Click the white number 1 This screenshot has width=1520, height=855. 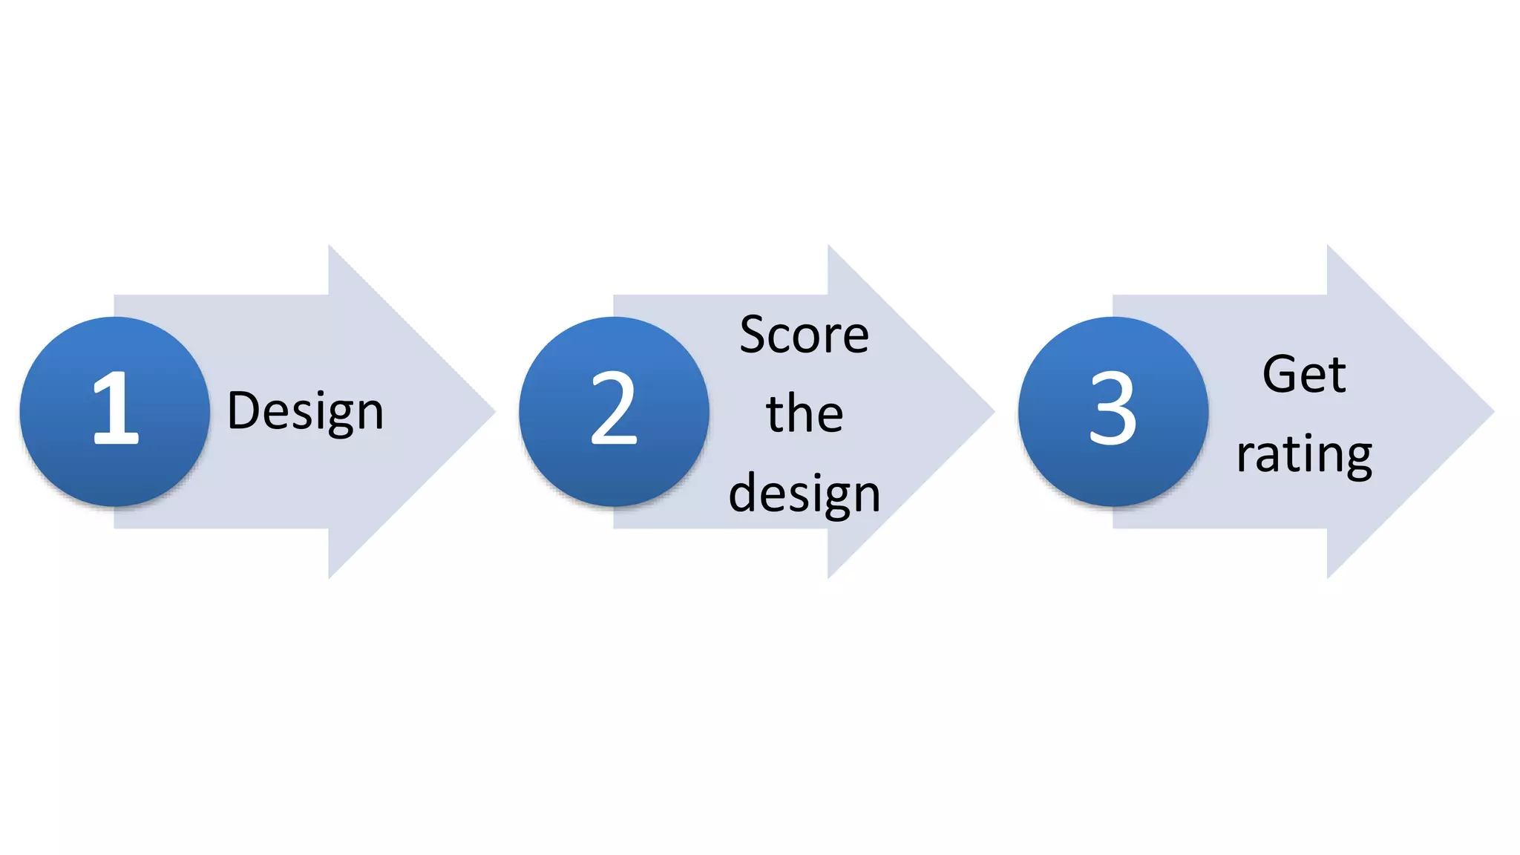[116, 409]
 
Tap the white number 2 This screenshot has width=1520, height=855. [614, 409]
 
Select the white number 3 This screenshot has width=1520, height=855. [1113, 409]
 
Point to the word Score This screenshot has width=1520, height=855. [804, 335]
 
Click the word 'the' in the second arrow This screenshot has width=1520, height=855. [805, 413]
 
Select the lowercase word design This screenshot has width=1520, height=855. [805, 494]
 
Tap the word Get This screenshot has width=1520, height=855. [1303, 374]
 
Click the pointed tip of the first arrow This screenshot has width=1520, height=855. [493, 411]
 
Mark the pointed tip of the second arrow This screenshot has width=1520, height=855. [992, 411]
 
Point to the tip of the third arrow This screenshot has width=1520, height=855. [1492, 411]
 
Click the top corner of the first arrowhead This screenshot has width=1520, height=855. [330, 247]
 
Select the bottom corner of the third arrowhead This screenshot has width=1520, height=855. [1328, 576]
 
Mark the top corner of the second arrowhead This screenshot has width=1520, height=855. [829, 247]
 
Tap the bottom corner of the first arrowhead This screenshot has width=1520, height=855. [330, 576]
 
